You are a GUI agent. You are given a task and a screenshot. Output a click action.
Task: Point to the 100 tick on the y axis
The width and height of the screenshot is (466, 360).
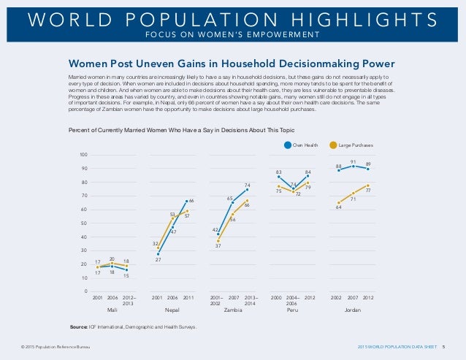coord(84,155)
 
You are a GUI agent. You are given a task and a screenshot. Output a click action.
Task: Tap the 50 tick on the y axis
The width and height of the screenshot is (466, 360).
coord(85,223)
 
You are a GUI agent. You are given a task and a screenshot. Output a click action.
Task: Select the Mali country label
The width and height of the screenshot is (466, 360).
coord(112,310)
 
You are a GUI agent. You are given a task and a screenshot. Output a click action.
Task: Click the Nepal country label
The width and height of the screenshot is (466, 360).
coord(172,310)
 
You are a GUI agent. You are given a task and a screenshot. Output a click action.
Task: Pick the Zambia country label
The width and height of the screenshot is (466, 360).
coord(233,310)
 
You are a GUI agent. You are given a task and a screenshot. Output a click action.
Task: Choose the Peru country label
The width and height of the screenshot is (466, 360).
coord(292,310)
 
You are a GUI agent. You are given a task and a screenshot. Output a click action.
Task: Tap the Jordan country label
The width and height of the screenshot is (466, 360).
coord(353,310)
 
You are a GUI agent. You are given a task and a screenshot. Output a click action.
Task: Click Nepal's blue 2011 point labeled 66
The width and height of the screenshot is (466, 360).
coord(187,202)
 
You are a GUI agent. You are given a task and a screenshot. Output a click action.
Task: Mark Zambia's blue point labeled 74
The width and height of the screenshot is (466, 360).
coord(248,190)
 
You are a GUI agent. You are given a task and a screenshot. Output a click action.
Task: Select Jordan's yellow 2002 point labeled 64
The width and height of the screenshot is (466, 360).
coord(339,203)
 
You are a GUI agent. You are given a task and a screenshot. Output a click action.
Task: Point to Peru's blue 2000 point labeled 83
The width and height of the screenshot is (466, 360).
coord(278,177)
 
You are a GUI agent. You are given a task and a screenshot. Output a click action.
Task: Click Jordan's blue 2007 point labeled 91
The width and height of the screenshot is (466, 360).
coord(354,166)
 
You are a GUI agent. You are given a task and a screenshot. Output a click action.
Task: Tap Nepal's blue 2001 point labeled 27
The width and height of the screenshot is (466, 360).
coord(158,254)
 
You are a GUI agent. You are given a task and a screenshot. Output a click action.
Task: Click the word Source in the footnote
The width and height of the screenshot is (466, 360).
coord(78,327)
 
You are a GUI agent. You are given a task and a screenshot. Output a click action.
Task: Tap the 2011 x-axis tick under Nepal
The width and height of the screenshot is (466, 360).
coord(188,298)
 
